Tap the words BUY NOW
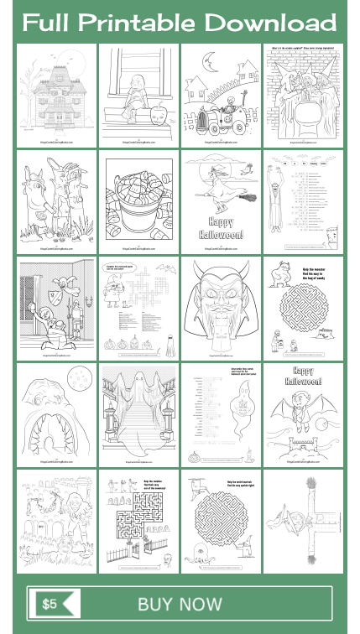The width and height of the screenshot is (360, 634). [180, 605]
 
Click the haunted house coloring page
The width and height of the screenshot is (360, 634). [55, 95]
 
